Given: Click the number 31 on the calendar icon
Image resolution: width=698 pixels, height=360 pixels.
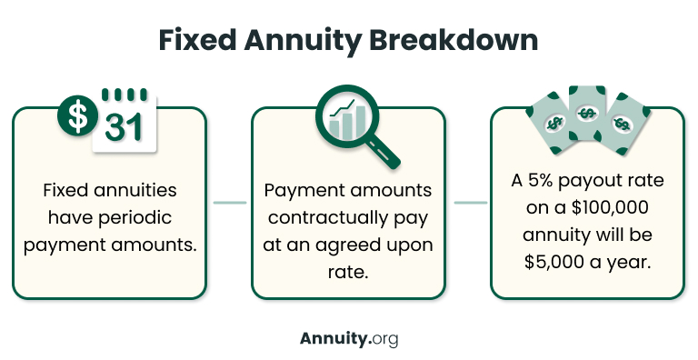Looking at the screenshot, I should point(124,127).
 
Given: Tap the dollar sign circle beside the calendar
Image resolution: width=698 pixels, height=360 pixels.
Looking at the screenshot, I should point(78,116).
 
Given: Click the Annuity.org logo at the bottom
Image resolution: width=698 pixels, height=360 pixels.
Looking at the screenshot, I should point(348,338).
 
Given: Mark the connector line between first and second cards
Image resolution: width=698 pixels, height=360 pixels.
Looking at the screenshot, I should point(229,203).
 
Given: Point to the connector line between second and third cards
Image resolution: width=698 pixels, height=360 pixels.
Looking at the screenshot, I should point(469,203).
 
